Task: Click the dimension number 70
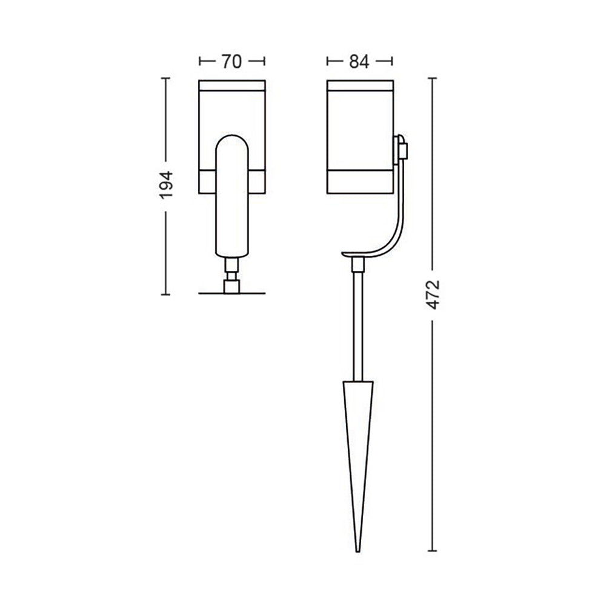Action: (x=231, y=61)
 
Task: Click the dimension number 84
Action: (x=359, y=61)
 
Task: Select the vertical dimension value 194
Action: (x=167, y=185)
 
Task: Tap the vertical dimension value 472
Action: (x=433, y=295)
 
